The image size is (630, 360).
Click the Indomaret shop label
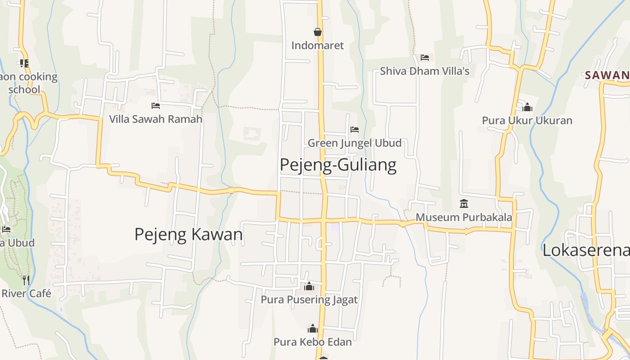317,45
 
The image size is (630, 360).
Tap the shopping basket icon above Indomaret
318,32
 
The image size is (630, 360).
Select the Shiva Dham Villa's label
424,71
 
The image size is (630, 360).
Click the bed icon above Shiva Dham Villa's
424,58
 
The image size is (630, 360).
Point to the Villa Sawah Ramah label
156,119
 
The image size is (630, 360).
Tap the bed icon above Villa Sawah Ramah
156,106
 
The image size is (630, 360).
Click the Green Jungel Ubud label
355,143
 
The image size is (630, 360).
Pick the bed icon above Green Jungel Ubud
355,130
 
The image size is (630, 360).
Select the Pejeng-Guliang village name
338,165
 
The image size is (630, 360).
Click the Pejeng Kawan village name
189,234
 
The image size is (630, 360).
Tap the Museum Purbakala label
463,217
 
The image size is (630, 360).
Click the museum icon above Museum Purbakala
464,204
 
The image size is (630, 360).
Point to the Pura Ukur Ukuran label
527,121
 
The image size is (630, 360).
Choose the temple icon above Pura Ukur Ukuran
527,107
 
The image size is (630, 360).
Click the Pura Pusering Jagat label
309,300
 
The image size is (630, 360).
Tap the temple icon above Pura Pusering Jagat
309,286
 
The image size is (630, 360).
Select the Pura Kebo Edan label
312,342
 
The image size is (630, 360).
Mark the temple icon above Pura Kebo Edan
312,328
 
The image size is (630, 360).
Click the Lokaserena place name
585,250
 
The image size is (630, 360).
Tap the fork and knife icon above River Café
26,280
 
